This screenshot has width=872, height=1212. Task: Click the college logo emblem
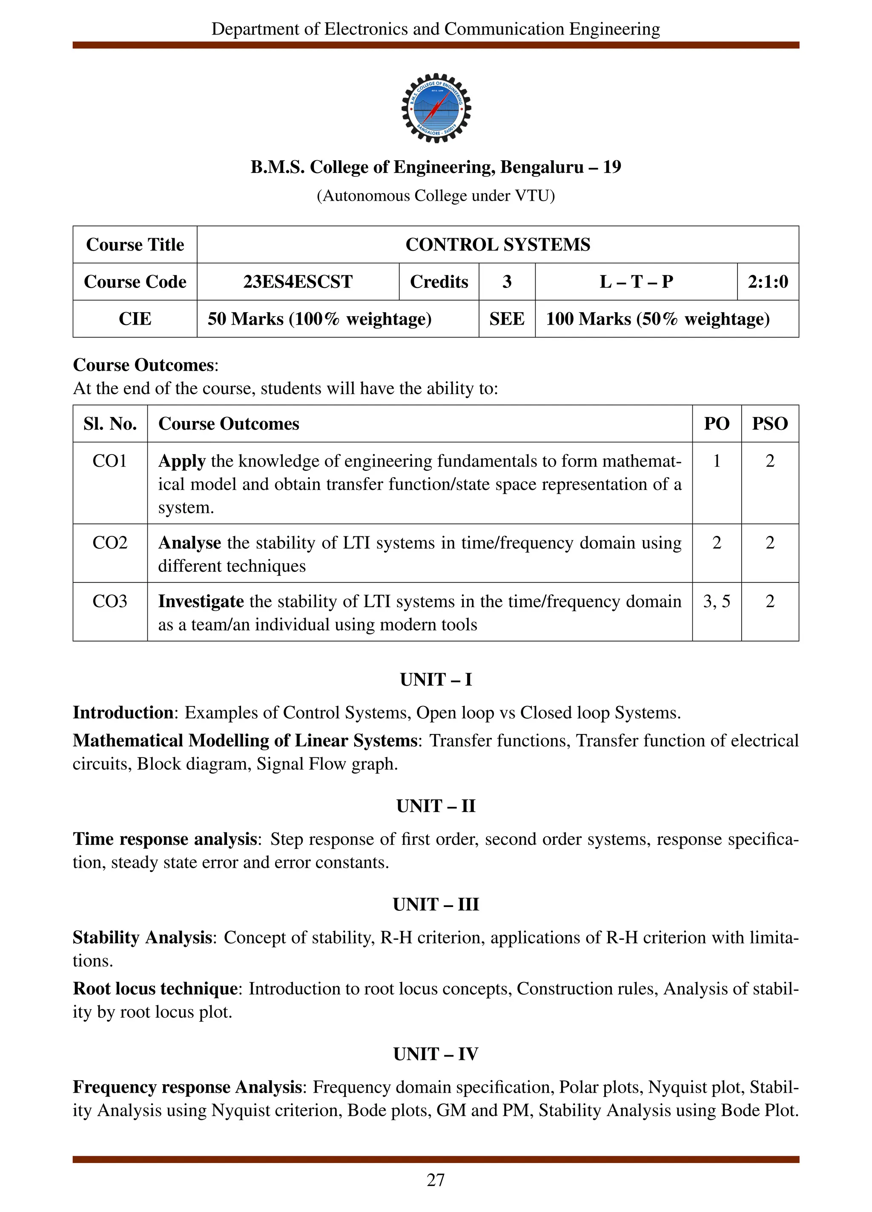[x=436, y=108]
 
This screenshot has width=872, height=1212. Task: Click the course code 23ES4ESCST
[x=298, y=282]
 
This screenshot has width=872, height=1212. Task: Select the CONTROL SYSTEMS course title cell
[x=497, y=245]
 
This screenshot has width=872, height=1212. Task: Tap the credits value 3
[x=506, y=282]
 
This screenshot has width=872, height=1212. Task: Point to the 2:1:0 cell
[x=767, y=282]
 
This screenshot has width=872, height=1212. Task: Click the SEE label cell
[x=506, y=319]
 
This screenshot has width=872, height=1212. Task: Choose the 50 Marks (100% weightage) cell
[x=319, y=319]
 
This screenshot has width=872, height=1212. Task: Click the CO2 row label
[x=110, y=542]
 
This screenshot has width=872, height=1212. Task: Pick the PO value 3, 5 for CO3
[x=716, y=601]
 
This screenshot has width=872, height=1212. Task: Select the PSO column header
[x=769, y=424]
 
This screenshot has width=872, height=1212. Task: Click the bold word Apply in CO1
[x=181, y=461]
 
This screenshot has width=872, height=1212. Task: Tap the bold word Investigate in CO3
[x=201, y=601]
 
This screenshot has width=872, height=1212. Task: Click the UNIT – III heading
[x=436, y=904]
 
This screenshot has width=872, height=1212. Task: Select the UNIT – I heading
[x=436, y=680]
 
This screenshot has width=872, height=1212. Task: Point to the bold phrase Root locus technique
[x=155, y=989]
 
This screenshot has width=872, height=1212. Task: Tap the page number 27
[x=436, y=1180]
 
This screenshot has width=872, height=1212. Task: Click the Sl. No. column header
[x=110, y=424]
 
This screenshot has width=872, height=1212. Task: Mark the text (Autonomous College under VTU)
[x=436, y=196]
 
